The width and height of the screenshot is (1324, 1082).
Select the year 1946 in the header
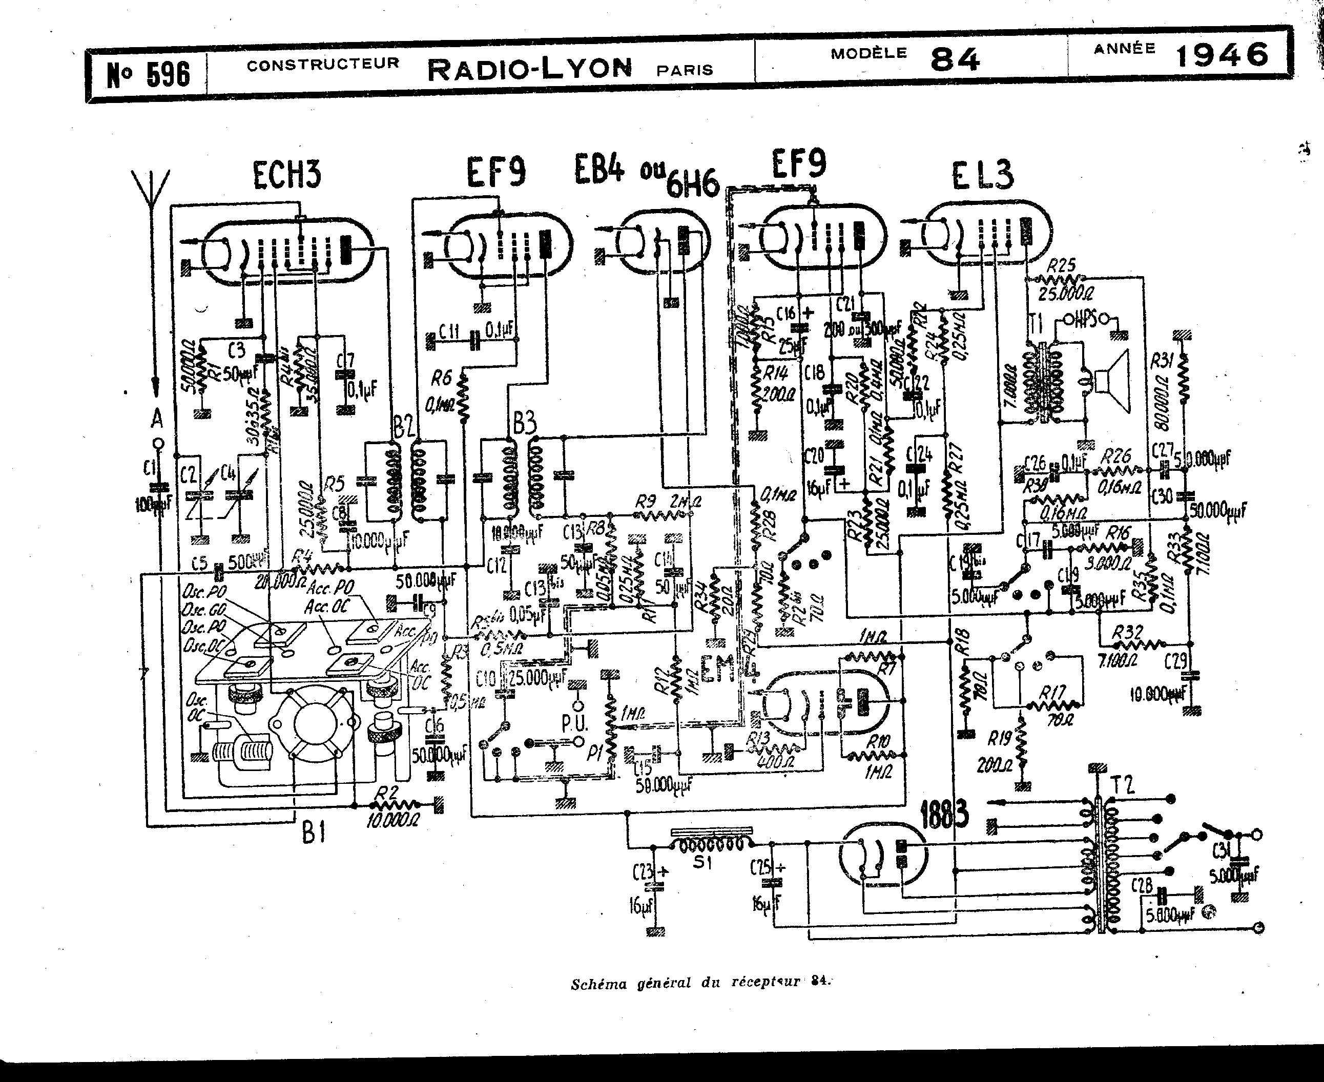pyautogui.click(x=1222, y=55)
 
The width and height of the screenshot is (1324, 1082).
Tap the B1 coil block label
pyautogui.click(x=314, y=833)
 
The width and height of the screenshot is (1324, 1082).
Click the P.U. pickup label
pyautogui.click(x=574, y=723)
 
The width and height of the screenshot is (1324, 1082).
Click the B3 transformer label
pyautogui.click(x=524, y=424)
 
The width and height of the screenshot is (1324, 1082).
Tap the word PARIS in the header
pyautogui.click(x=685, y=70)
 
